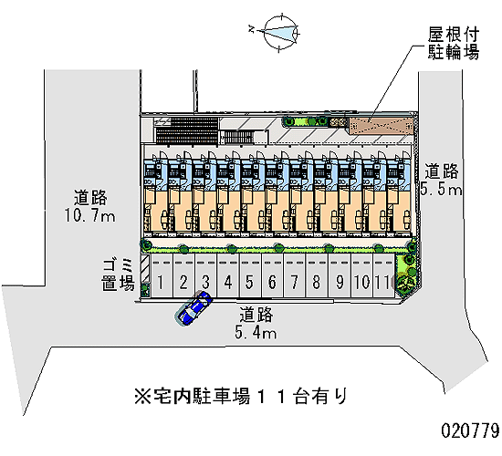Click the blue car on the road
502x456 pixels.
click(193, 308)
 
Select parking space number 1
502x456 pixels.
click(162, 275)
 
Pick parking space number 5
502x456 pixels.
click(250, 275)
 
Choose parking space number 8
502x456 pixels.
click(317, 275)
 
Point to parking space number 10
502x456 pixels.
click(361, 275)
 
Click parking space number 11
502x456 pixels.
click(383, 275)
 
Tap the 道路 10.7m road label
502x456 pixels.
click(90, 206)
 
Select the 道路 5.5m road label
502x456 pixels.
click(441, 180)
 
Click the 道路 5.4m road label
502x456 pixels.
click(256, 323)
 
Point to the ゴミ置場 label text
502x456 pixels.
click(118, 275)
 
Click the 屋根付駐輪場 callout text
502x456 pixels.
click(454, 43)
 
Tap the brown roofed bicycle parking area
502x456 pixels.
click(382, 126)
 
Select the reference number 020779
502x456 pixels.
click(470, 430)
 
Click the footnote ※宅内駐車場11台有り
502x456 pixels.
click(241, 397)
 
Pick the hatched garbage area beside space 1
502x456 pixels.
click(146, 268)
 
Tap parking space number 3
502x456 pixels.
click(206, 275)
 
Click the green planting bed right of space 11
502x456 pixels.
click(406, 274)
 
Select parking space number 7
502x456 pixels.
click(294, 275)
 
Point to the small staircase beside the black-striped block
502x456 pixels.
click(238, 137)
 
